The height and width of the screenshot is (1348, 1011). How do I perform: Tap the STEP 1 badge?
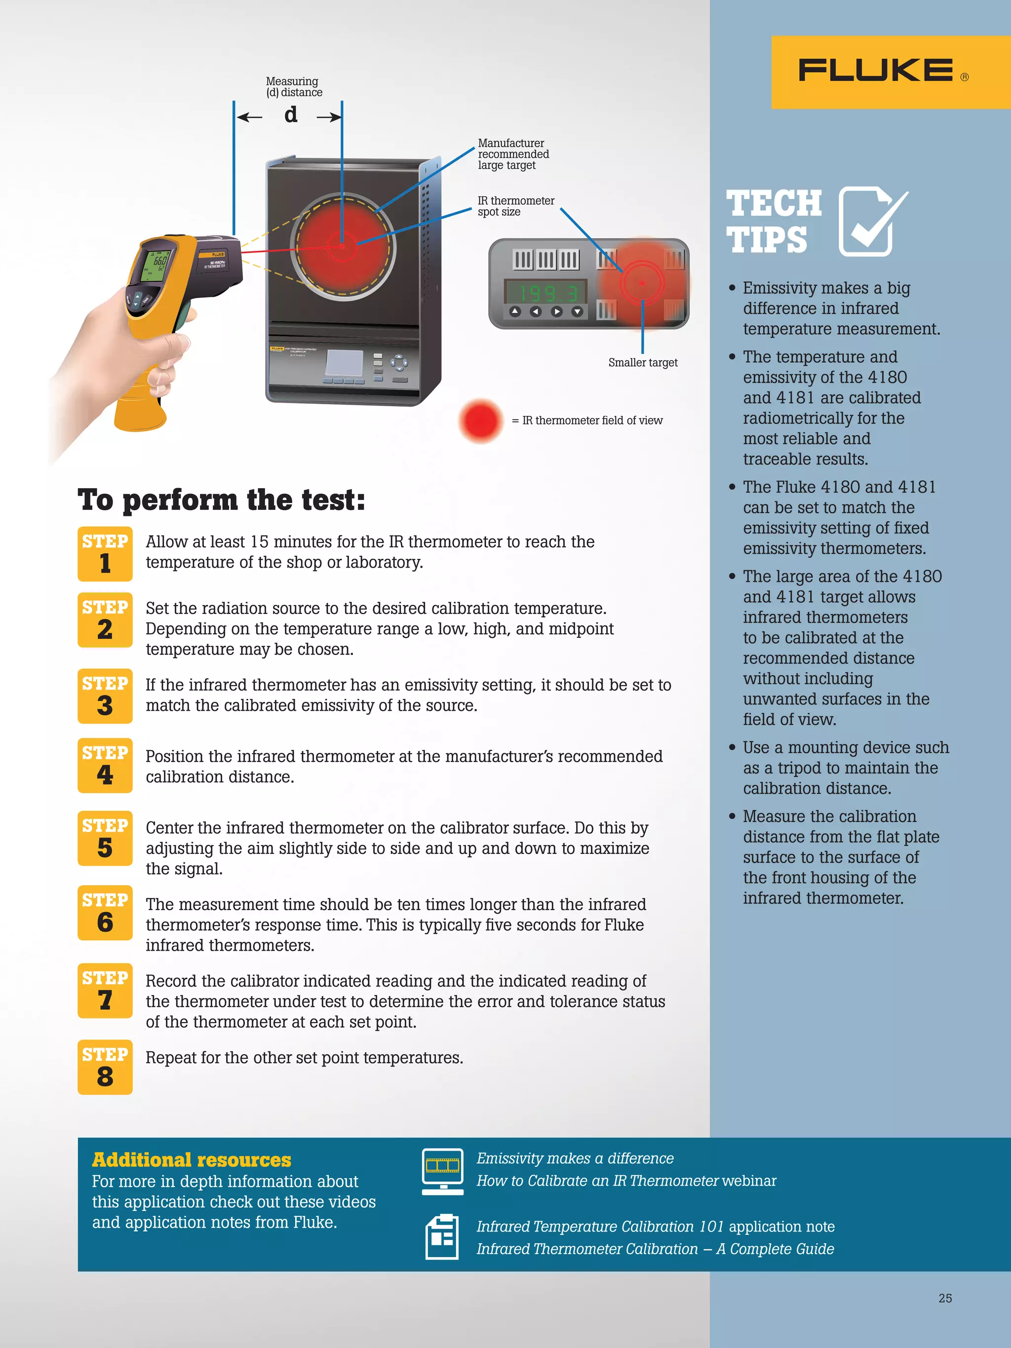pos(105,553)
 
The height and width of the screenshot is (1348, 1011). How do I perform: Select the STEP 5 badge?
pos(105,838)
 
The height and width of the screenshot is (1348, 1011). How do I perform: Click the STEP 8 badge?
pos(105,1067)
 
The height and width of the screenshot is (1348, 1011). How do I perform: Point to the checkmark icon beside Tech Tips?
pos(871,221)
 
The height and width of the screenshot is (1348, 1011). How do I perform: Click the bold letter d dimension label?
pos(291,115)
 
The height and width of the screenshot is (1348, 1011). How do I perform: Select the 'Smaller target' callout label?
pos(642,363)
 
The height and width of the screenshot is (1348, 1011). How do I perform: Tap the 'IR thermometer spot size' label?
pos(515,206)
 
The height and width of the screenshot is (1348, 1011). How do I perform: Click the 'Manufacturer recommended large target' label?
pos(512,154)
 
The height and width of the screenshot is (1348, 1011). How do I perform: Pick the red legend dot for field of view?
pos(481,421)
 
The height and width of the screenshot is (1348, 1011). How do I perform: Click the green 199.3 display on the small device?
pos(545,293)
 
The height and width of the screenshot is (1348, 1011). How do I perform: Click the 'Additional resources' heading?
pos(192,1159)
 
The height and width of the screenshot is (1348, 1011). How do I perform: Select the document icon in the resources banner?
pos(442,1236)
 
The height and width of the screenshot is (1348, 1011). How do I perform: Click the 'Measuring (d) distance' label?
pos(294,86)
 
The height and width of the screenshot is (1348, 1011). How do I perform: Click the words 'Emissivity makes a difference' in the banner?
pos(575,1158)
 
